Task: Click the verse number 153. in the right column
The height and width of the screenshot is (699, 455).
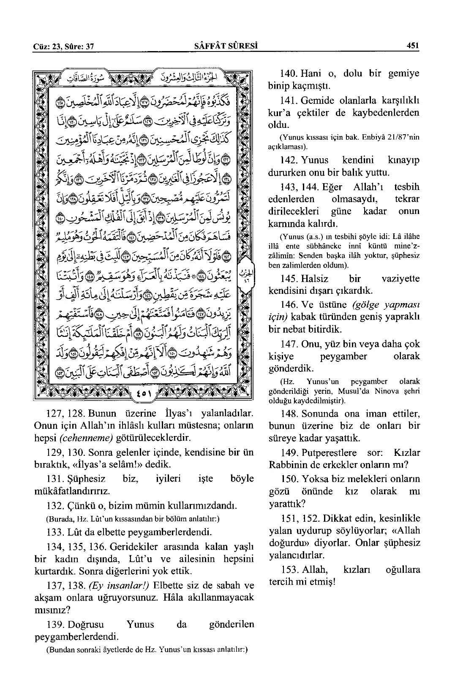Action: click(288, 569)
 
